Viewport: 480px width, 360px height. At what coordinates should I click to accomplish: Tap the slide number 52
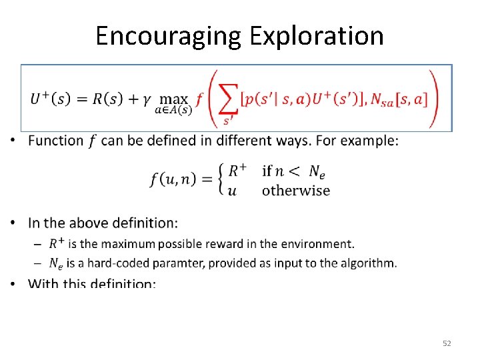[x=447, y=343]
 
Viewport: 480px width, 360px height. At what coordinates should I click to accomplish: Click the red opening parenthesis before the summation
[x=211, y=98]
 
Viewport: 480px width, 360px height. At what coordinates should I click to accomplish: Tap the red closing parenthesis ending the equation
[x=434, y=98]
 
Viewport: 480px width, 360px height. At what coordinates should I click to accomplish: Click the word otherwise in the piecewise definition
[x=296, y=191]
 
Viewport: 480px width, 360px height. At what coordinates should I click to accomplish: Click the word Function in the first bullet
[x=56, y=141]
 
